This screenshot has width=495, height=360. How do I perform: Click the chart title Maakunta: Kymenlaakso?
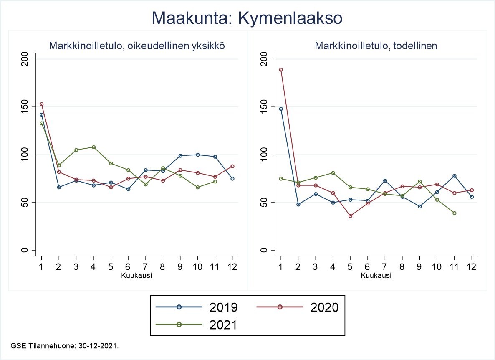click(x=247, y=19)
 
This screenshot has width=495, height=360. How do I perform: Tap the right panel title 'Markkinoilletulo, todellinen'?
click(x=376, y=46)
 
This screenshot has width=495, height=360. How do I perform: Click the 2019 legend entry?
click(x=197, y=307)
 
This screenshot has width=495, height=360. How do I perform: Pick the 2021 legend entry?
click(x=197, y=325)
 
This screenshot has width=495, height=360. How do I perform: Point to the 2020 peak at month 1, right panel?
click(x=281, y=70)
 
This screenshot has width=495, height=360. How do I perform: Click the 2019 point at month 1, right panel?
click(x=281, y=109)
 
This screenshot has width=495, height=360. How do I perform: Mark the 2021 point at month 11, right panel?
click(x=454, y=213)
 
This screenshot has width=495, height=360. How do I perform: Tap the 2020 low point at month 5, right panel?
click(x=351, y=216)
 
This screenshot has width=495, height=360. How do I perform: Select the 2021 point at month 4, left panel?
click(x=93, y=147)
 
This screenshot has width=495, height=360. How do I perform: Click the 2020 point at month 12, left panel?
click(x=232, y=166)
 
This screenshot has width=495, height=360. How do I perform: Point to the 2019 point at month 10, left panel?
click(x=197, y=155)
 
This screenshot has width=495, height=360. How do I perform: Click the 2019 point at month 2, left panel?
click(x=59, y=187)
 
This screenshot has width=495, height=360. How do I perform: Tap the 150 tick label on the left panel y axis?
click(x=25, y=106)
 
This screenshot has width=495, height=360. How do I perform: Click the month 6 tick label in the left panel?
click(x=128, y=267)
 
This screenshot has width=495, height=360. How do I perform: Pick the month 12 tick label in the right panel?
click(x=472, y=267)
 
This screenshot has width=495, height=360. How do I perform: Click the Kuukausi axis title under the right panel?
click(x=376, y=276)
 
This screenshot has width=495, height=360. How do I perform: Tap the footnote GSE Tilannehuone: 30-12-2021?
click(x=65, y=346)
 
